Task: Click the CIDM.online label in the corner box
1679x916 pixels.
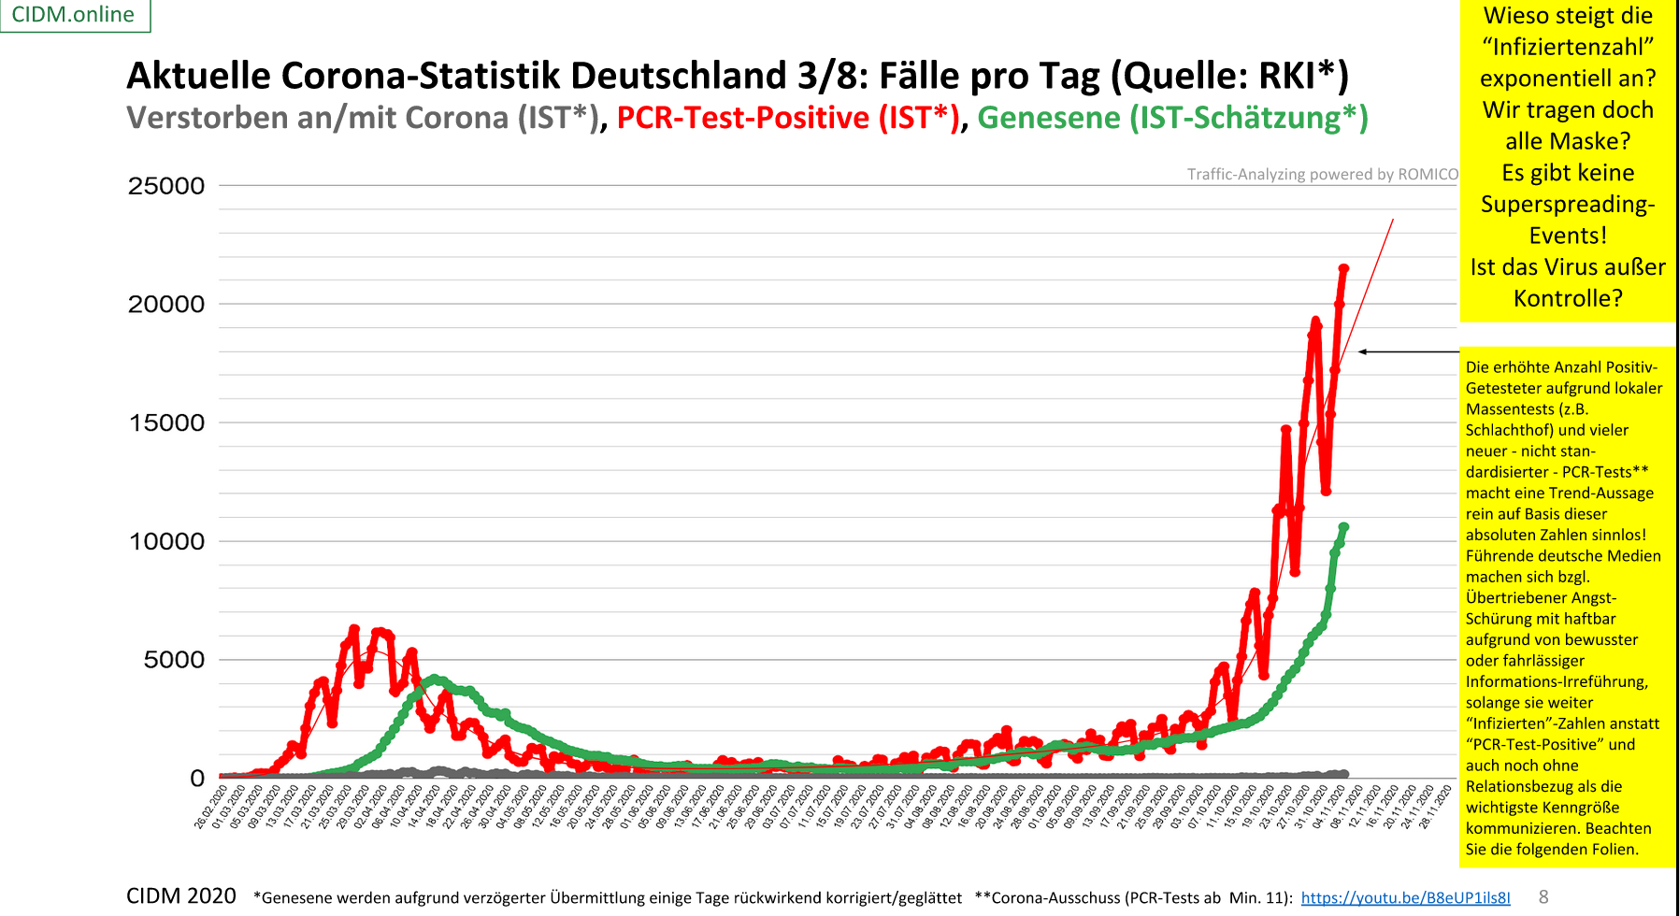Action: [x=73, y=15]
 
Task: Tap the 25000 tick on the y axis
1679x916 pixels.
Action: [x=166, y=186]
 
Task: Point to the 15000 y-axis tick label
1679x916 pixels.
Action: [x=166, y=423]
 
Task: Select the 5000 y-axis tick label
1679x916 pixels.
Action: [x=174, y=661]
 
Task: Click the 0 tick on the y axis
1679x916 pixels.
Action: [x=197, y=779]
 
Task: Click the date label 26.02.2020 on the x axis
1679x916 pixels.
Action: [x=211, y=808]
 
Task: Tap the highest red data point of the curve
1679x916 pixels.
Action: [x=1343, y=269]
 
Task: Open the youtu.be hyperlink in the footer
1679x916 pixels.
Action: [x=1405, y=897]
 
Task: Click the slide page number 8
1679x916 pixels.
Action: [x=1543, y=896]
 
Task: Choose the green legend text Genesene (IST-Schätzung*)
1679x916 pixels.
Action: [x=1172, y=118]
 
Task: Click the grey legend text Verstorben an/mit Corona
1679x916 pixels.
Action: [x=318, y=118]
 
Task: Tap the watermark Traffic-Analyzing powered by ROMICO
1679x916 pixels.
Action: [x=1322, y=174]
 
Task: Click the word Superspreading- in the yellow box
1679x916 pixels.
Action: [x=1568, y=204]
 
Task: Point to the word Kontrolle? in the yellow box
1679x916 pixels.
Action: [x=1568, y=298]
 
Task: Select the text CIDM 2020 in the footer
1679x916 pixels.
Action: [x=181, y=896]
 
